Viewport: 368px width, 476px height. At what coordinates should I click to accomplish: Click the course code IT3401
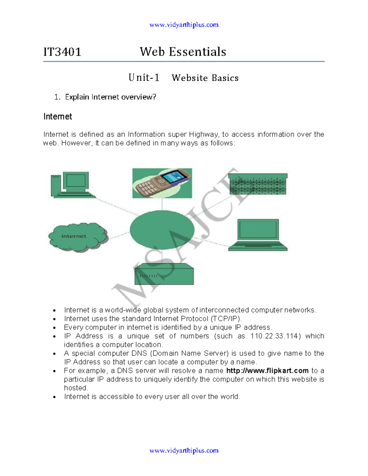[62, 52]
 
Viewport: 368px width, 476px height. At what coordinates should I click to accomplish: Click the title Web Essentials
[183, 52]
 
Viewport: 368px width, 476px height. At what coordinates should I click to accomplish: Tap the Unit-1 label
[144, 78]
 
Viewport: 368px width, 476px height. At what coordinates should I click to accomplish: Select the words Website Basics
[205, 78]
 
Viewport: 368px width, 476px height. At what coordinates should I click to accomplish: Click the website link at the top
[184, 25]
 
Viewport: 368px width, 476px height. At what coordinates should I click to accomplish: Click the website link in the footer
[184, 451]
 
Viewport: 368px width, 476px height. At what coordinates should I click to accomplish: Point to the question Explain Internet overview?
[110, 97]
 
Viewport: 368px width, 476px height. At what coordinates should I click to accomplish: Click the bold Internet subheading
[58, 116]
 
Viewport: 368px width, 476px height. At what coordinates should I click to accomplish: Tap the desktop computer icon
[72, 185]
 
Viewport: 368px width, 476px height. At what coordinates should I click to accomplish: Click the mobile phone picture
[162, 183]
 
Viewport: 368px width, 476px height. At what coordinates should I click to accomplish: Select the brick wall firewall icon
[258, 184]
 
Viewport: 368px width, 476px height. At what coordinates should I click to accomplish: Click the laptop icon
[258, 235]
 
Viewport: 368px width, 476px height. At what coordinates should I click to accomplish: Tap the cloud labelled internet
[78, 237]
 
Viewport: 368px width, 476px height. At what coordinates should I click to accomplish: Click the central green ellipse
[162, 230]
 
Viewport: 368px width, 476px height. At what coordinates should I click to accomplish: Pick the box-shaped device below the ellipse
[164, 274]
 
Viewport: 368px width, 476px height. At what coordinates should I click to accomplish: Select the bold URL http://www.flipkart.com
[267, 371]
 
